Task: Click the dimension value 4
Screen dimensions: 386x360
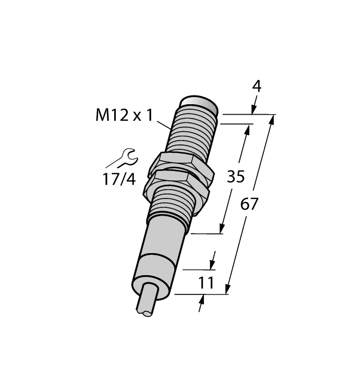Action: [256, 87]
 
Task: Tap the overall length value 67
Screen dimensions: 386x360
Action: [249, 205]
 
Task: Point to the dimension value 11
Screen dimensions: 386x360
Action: [206, 283]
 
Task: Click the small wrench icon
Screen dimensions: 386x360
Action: [122, 158]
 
